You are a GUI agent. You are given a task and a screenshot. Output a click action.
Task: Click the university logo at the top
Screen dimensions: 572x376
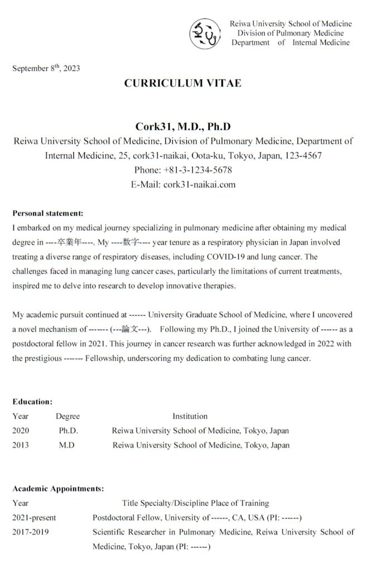click(205, 33)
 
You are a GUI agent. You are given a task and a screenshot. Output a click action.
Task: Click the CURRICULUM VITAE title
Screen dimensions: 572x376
click(183, 83)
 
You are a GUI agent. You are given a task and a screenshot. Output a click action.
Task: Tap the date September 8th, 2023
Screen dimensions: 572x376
click(46, 69)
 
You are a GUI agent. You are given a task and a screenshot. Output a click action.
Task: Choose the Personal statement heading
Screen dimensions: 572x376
click(47, 213)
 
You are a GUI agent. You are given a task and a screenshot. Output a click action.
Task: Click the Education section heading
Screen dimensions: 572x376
click(32, 401)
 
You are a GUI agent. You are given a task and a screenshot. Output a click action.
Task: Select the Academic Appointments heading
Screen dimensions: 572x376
click(57, 488)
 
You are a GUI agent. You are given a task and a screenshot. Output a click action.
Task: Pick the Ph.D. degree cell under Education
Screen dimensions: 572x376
click(68, 431)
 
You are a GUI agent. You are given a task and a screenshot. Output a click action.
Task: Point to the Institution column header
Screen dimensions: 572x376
click(190, 416)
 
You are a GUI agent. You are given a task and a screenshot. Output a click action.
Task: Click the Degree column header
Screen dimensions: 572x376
click(68, 416)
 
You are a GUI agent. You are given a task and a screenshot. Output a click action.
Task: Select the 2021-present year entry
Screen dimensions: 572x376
click(34, 517)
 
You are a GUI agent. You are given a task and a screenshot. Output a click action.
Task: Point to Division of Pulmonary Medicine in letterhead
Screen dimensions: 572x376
click(291, 33)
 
